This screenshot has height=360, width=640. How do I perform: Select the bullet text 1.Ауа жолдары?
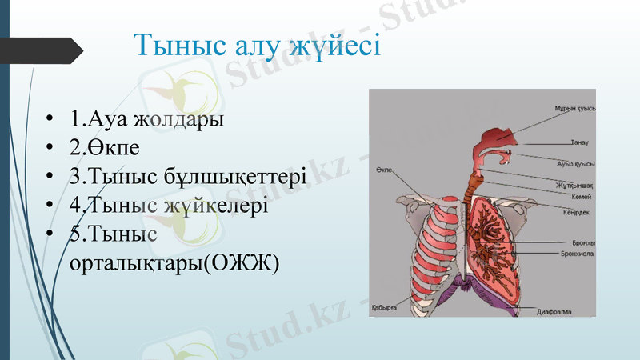click(146, 120)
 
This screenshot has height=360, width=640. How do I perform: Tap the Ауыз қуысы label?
click(574, 162)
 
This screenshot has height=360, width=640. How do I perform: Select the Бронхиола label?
click(576, 252)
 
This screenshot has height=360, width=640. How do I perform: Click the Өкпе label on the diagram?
click(383, 170)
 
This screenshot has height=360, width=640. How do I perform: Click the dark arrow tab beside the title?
click(44, 50)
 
